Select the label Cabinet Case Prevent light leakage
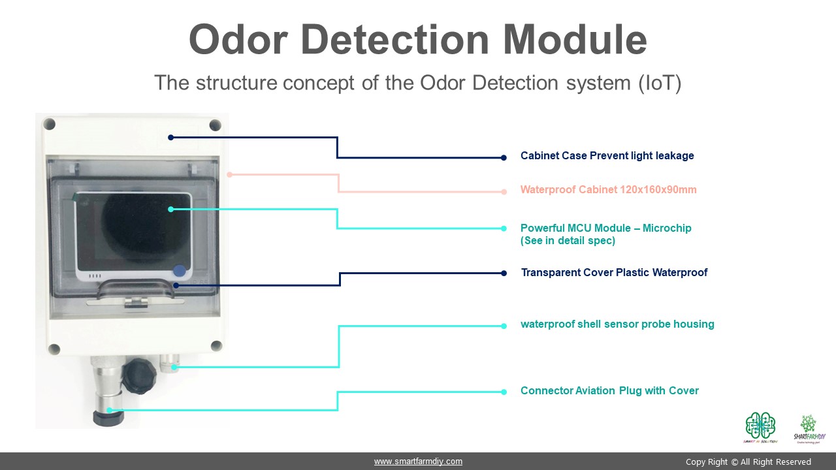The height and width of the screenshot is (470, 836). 607,156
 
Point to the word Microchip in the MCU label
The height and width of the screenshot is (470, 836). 667,228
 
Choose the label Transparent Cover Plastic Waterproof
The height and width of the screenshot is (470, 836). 614,273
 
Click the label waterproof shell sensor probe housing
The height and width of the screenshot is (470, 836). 617,324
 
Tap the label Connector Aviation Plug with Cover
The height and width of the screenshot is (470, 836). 609,391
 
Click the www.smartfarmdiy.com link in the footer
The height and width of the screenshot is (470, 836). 418,462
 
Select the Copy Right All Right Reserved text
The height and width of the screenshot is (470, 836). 748,462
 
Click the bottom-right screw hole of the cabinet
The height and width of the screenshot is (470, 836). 216,346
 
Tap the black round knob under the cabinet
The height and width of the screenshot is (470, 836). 138,375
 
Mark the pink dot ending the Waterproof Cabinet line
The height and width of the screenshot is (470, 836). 504,192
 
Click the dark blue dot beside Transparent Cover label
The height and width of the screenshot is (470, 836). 504,274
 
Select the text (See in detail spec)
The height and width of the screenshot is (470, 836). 568,241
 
